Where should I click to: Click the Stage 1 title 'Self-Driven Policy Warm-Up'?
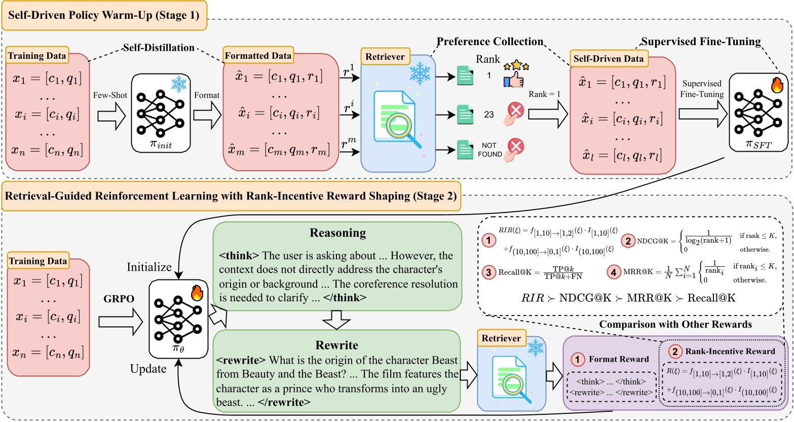[x=104, y=15]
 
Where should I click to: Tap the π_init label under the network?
[x=161, y=144]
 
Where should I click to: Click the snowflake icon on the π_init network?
[x=179, y=84]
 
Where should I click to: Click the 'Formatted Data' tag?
[x=258, y=56]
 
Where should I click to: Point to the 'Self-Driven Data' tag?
[x=608, y=59]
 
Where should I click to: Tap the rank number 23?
[x=489, y=115]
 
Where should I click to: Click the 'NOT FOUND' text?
[x=489, y=150]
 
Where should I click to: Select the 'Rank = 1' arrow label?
[x=544, y=94]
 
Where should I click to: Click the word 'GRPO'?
[x=120, y=299]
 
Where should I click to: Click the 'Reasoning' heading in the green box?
[x=337, y=233]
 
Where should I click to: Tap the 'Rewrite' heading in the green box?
[x=337, y=345]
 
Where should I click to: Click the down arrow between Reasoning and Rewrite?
[x=337, y=321]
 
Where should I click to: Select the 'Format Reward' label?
[x=619, y=359]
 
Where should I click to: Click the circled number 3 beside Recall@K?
[x=488, y=272]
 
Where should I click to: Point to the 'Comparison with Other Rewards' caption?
[x=675, y=324]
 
